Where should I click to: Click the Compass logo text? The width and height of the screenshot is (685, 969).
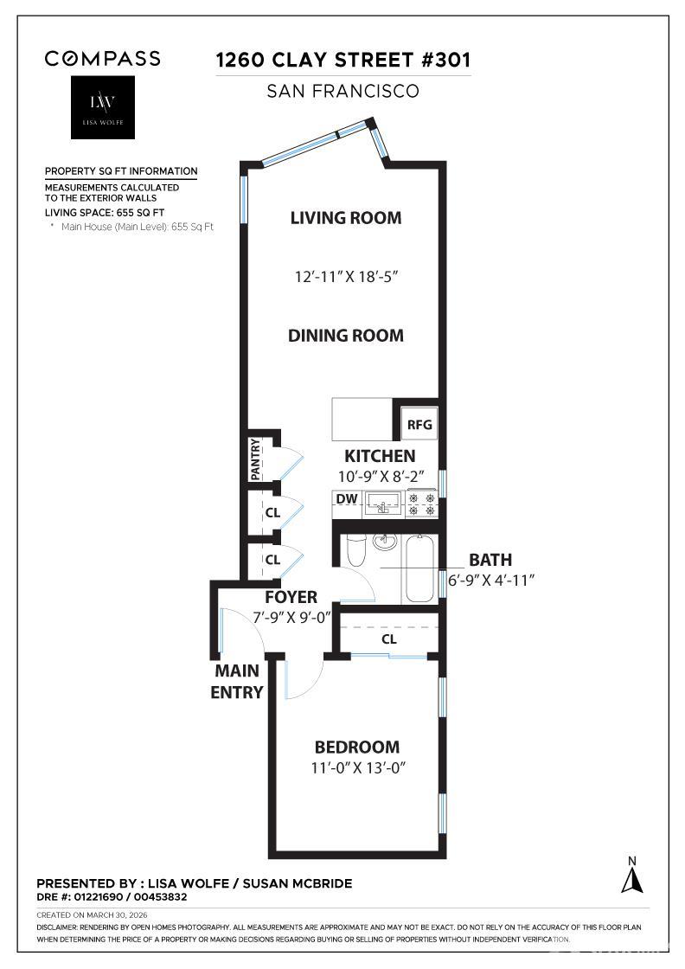coord(102,59)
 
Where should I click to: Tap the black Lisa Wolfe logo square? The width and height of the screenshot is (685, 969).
coord(102,107)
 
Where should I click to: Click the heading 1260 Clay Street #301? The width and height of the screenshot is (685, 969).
coord(343,61)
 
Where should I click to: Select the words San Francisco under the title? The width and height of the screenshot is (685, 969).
coord(343,91)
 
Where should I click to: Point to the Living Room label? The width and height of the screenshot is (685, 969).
coord(345,218)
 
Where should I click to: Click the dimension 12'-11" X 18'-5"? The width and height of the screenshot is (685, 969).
coord(345,277)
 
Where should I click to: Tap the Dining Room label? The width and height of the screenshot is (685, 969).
coord(346,336)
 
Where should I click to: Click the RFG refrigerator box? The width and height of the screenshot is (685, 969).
coord(419,426)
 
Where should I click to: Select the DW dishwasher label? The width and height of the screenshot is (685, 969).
coord(346,499)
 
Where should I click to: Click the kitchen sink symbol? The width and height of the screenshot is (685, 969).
coord(382,503)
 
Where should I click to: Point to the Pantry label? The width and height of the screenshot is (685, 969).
coord(256,460)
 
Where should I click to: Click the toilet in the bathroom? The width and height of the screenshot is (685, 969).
coord(355,550)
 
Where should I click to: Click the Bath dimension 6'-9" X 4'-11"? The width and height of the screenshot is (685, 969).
coord(490,579)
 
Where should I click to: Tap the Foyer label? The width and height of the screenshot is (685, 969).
coord(291,597)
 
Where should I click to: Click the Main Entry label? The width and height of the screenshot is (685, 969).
coord(237,681)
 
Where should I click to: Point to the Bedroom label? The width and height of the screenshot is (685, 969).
coord(356,747)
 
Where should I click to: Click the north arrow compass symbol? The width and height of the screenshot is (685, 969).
coord(632,876)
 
